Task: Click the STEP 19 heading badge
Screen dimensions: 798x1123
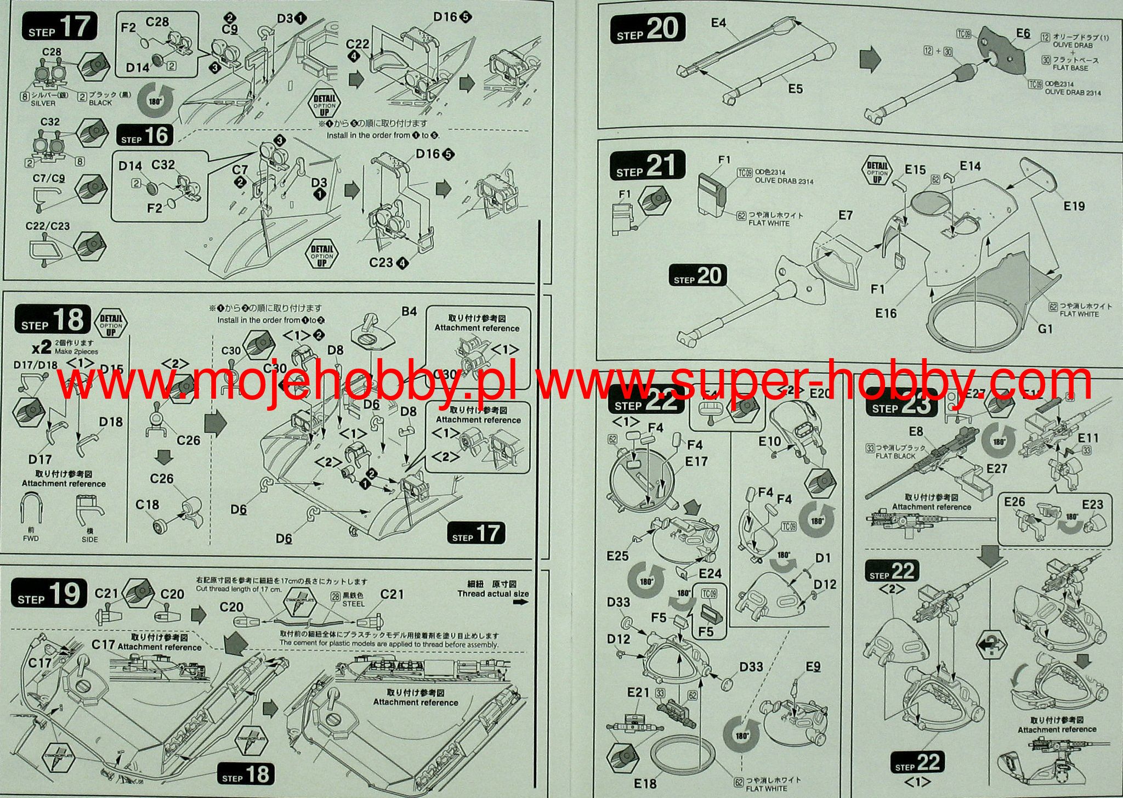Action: pyautogui.click(x=49, y=593)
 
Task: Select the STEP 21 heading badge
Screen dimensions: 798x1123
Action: pyautogui.click(x=648, y=165)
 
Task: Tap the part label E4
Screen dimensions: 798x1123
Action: pyautogui.click(x=718, y=22)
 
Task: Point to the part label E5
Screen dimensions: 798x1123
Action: pyautogui.click(x=795, y=88)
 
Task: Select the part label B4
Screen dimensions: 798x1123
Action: pyautogui.click(x=409, y=312)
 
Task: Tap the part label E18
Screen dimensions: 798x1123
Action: pyautogui.click(x=645, y=783)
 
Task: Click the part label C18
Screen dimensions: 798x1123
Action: pyautogui.click(x=147, y=505)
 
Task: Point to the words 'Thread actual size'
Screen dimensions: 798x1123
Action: pyautogui.click(x=493, y=593)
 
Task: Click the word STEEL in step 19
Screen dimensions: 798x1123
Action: pyautogui.click(x=353, y=603)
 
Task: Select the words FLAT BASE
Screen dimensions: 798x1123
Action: pyautogui.click(x=1071, y=67)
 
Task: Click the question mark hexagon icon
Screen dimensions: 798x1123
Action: pyautogui.click(x=992, y=647)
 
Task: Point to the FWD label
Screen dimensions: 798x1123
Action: pyautogui.click(x=31, y=539)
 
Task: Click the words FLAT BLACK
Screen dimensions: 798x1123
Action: pyautogui.click(x=895, y=456)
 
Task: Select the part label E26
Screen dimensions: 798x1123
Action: pyautogui.click(x=1014, y=502)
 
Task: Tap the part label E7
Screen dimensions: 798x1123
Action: pyautogui.click(x=846, y=215)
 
